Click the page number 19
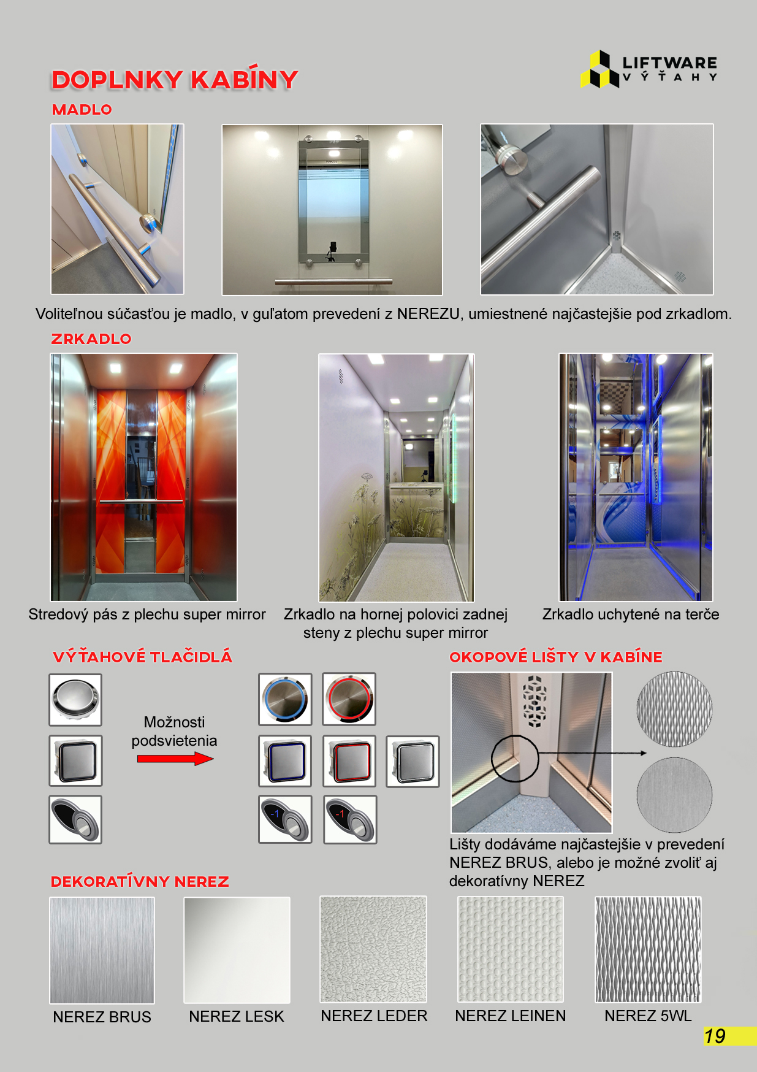click(715, 1036)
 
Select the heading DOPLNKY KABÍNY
click(175, 80)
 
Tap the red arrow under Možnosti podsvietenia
click(175, 759)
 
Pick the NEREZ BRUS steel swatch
click(102, 950)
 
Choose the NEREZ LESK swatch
click(237, 950)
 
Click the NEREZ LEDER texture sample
click(373, 949)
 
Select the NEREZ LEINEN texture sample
click(511, 949)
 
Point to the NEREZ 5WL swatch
click(648, 949)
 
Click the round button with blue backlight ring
click(285, 699)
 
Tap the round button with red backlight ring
click(349, 699)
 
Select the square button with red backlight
click(349, 761)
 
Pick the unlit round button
click(75, 700)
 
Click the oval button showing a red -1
click(350, 819)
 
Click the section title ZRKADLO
click(91, 339)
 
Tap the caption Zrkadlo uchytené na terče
click(631, 614)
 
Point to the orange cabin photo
click(143, 477)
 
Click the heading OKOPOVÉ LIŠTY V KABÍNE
click(556, 657)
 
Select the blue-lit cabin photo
click(636, 477)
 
